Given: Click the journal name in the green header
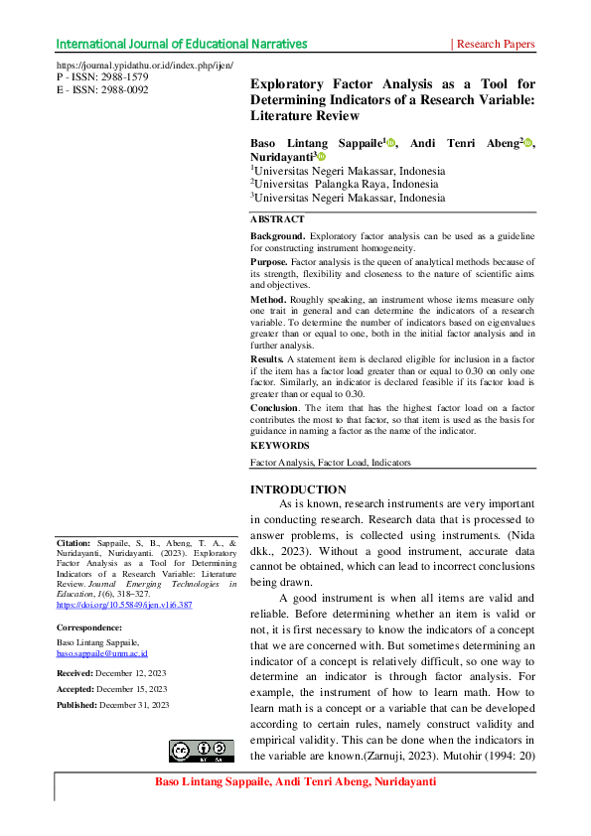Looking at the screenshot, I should click(x=181, y=44).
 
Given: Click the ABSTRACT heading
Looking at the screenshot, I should click(x=277, y=219).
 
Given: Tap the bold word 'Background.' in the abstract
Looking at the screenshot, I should click(x=278, y=236).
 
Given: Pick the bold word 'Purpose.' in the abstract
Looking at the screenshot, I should click(x=269, y=261).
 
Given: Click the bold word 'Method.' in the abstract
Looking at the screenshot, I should click(x=268, y=299).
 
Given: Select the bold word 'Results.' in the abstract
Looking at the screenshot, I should click(x=267, y=357).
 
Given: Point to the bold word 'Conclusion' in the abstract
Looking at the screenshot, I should click(x=273, y=407).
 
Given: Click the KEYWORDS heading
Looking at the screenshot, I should click(x=279, y=446).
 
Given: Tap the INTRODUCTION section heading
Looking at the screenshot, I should click(x=298, y=489).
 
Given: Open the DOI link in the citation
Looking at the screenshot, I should click(x=124, y=604).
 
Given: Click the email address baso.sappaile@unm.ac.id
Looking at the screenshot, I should click(x=102, y=653).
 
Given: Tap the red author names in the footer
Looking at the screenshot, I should click(x=295, y=782).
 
